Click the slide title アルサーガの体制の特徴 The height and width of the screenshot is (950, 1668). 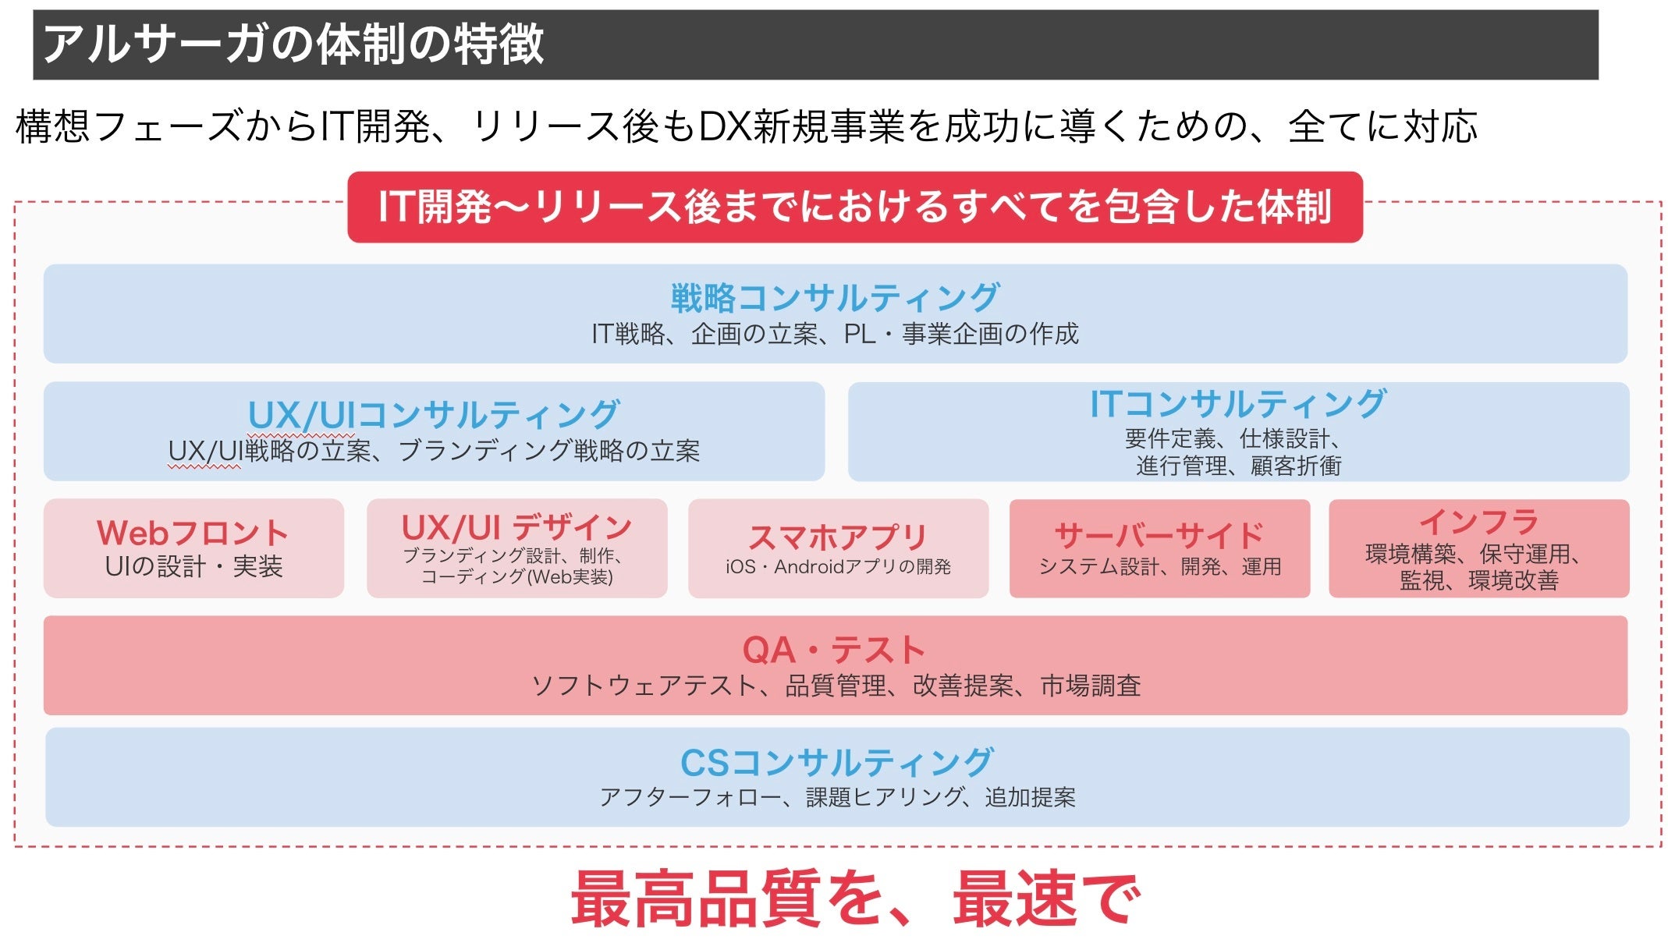tap(293, 44)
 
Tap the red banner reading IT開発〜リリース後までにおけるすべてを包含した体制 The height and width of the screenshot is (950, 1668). tap(854, 207)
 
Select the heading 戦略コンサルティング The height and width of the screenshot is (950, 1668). tap(835, 297)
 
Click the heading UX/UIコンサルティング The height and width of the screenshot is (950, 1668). tap(434, 414)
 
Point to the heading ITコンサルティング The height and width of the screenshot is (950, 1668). tap(1237, 404)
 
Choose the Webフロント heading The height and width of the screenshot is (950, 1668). tap(193, 533)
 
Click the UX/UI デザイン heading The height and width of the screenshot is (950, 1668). tap(516, 527)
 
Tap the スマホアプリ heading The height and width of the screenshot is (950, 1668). tap(838, 537)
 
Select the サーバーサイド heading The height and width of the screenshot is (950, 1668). tap(1159, 535)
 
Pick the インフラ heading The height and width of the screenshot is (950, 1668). tap(1478, 521)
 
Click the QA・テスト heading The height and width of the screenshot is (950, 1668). tap(834, 650)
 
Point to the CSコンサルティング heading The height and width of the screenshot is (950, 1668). tap(836, 762)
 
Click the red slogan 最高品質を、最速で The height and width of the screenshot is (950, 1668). tap(855, 899)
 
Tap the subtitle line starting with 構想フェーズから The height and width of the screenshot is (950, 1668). tap(746, 126)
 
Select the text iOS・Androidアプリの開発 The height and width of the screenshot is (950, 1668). tap(838, 567)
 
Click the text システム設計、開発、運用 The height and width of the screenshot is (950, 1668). tap(1159, 567)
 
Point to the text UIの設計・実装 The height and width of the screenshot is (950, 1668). tap(193, 566)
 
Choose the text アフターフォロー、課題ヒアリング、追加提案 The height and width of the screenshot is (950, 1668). tap(837, 797)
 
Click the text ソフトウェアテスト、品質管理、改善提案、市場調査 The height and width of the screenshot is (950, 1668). tap(836, 686)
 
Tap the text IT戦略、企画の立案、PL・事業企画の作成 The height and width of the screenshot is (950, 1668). tap(835, 334)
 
